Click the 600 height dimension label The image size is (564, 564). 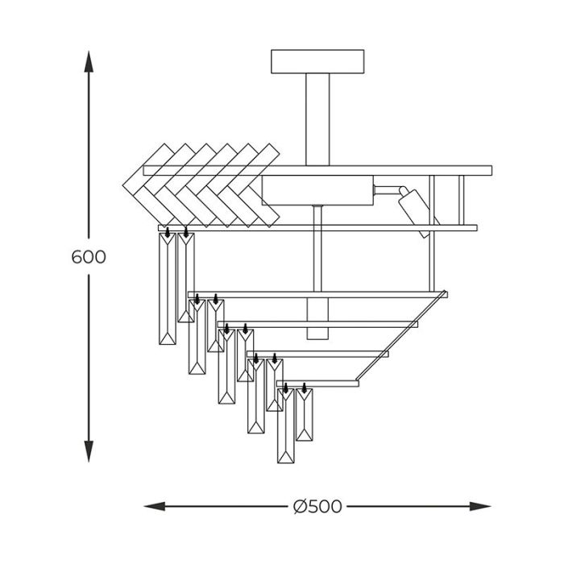coord(89,257)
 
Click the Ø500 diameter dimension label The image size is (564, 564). coord(317,507)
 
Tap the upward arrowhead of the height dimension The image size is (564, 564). coord(89,61)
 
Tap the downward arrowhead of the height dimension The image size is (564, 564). coord(89,451)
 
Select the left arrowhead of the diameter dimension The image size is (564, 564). coord(155,507)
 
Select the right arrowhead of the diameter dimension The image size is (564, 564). coord(480,507)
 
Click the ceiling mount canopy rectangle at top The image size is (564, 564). coord(317,61)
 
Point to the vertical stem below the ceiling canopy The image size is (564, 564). coord(317,119)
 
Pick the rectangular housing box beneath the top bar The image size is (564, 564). coord(317,190)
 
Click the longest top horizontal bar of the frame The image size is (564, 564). coord(317,171)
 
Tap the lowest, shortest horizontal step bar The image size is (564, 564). coord(317,384)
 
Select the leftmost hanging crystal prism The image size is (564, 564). coord(168,288)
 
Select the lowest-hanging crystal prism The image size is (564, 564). coord(285,426)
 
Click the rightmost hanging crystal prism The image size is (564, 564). coord(305,415)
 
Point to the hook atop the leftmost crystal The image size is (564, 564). coord(168,232)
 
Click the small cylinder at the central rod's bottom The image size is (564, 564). coord(317,318)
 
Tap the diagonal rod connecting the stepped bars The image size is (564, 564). coord(401,335)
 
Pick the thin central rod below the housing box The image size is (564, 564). coord(317,248)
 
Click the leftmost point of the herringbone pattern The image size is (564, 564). coord(122,185)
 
